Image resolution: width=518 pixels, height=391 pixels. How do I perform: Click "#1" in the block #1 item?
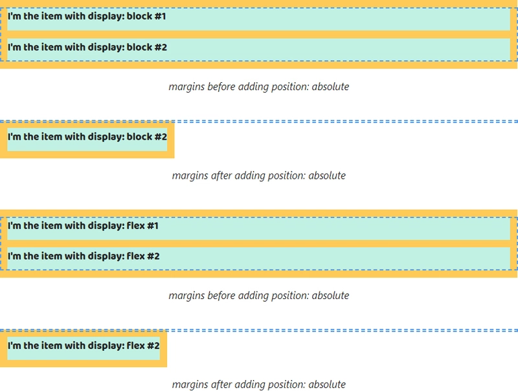click(160, 16)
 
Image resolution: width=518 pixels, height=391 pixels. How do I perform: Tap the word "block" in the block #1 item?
click(139, 16)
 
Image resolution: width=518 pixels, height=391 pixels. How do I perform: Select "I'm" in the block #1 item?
click(14, 16)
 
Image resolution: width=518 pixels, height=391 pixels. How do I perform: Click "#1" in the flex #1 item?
click(153, 226)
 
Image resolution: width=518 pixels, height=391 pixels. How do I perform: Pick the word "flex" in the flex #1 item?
click(136, 226)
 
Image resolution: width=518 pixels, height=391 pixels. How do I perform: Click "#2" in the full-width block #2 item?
click(161, 47)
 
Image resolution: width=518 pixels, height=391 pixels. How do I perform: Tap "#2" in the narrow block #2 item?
click(161, 137)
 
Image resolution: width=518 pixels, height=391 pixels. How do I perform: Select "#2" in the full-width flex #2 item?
click(153, 256)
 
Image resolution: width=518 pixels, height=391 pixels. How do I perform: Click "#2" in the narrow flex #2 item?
click(153, 346)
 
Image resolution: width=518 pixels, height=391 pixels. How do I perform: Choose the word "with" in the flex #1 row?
click(75, 226)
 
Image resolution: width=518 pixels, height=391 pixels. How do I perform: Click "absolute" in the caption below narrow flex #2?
click(327, 385)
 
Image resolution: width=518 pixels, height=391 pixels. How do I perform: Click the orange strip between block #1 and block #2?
click(259, 34)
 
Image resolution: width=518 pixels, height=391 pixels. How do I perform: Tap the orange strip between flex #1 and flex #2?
click(259, 243)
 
